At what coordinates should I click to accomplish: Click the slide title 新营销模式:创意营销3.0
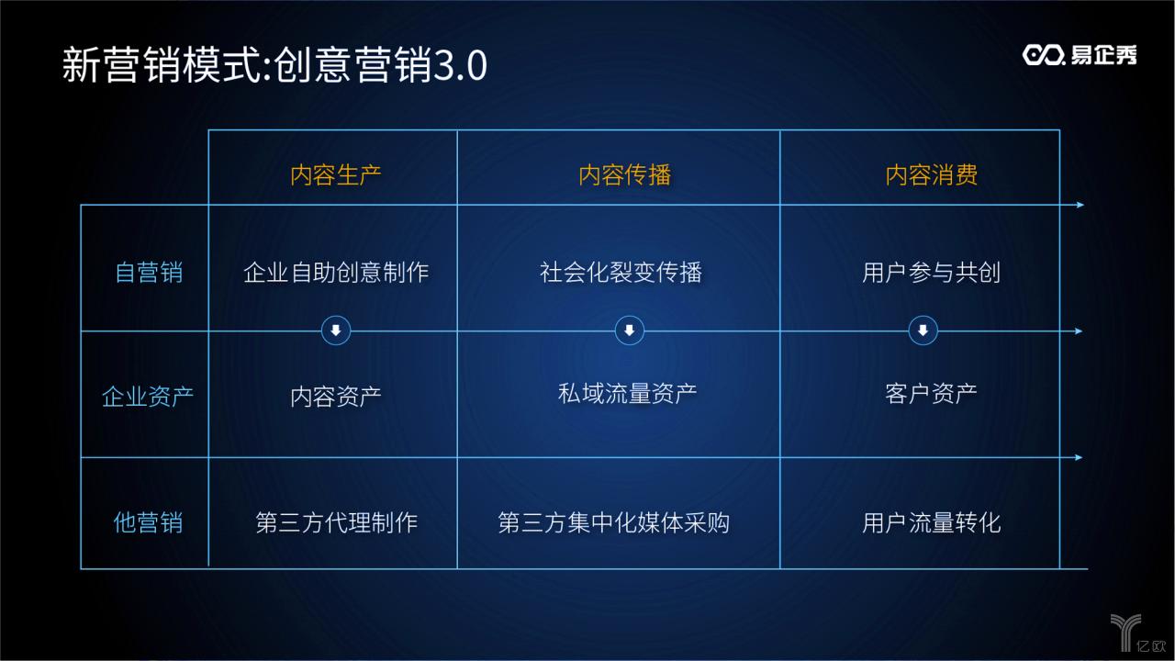coord(274,66)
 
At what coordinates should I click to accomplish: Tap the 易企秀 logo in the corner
coord(1080,55)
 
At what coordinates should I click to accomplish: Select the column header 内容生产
coord(335,174)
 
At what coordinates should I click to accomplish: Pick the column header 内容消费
coord(931,174)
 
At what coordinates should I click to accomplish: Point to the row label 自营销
coord(149,273)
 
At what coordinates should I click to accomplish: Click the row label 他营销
coord(148,522)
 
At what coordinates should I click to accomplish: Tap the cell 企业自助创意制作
coord(335,272)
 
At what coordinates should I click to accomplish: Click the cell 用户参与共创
coord(931,272)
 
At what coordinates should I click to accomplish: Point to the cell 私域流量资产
coord(627,394)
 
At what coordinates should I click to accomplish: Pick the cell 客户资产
coord(931,394)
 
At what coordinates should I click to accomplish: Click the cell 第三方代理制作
coord(336,522)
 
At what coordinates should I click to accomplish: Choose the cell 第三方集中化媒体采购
coord(613,522)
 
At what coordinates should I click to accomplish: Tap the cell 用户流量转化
coord(931,522)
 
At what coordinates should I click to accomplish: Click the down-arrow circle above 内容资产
coord(336,330)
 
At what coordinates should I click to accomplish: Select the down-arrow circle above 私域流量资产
coord(629,330)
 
